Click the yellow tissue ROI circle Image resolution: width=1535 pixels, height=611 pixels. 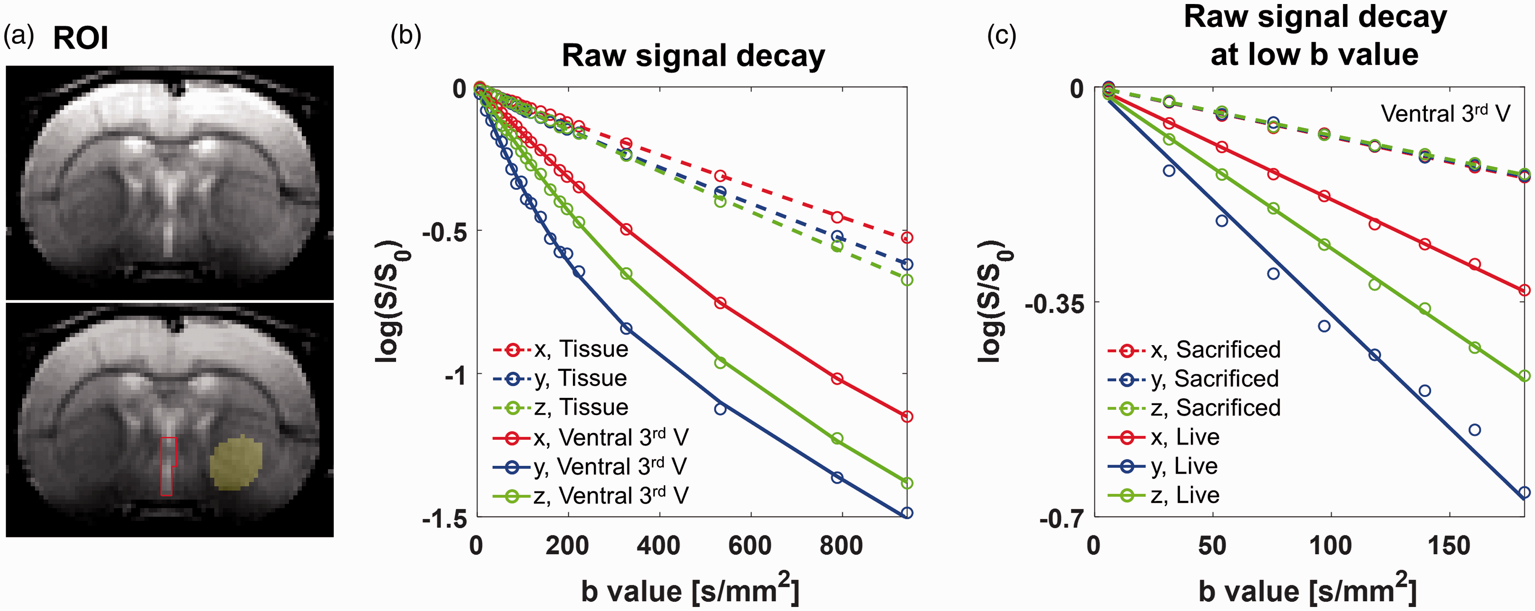236,463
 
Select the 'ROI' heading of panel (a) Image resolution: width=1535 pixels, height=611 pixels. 81,38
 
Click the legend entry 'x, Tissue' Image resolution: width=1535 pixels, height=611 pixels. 560,349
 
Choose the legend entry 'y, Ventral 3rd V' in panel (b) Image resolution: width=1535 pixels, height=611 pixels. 590,466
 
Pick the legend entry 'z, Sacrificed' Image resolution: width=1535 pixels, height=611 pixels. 1194,408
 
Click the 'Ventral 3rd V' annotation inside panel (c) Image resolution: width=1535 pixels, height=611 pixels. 1446,113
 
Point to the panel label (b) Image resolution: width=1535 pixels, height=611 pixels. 406,36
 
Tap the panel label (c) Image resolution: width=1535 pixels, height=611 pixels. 1002,36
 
